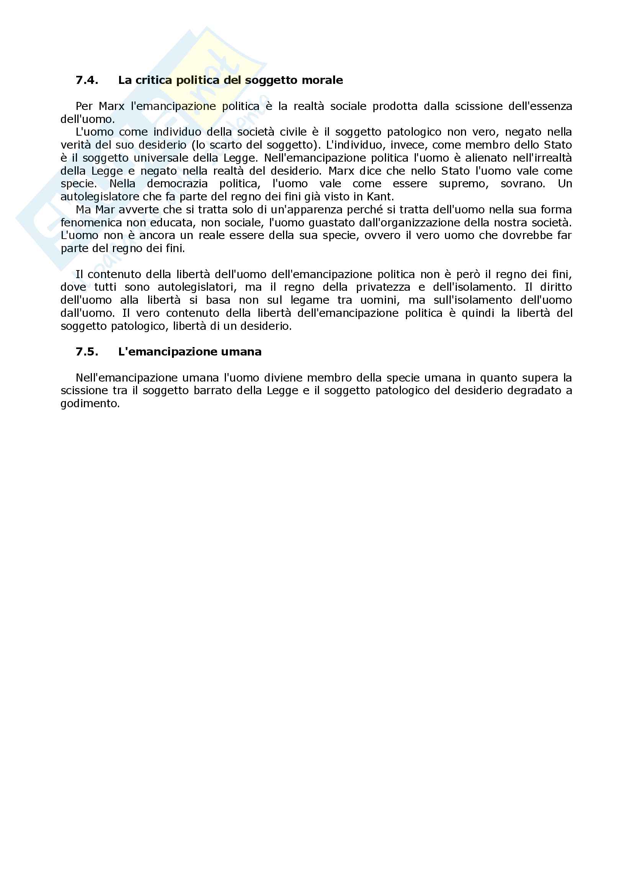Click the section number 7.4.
click(87, 80)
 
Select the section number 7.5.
click(87, 352)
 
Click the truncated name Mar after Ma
click(105, 210)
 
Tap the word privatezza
click(383, 287)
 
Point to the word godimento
click(90, 404)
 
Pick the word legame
click(310, 300)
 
